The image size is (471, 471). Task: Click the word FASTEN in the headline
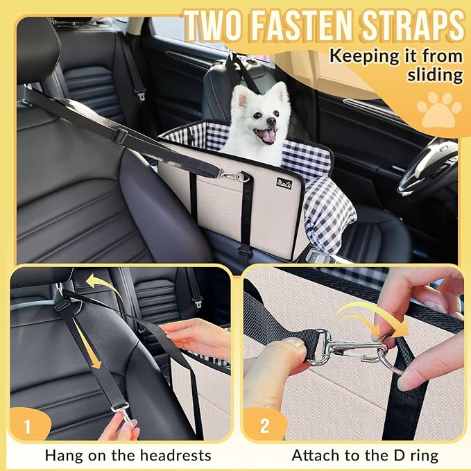coord(316,27)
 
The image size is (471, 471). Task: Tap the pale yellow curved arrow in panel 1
coord(100,285)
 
